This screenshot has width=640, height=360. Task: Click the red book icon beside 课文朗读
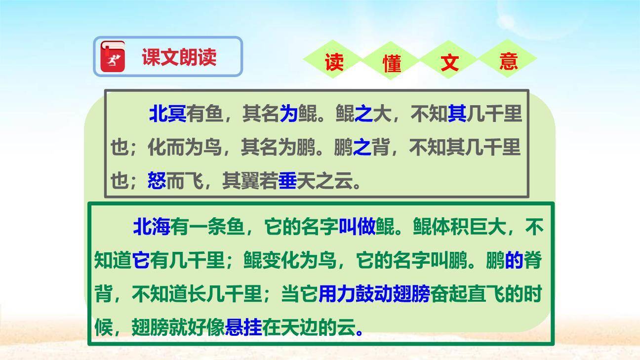[x=113, y=56]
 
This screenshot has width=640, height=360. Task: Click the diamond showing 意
[x=508, y=61]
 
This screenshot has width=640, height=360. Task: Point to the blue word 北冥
[x=167, y=114]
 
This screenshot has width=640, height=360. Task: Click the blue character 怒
[x=157, y=182]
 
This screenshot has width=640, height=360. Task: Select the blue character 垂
[x=287, y=182]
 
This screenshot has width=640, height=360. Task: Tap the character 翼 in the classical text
[x=250, y=182]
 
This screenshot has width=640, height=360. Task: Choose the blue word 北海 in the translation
[x=152, y=227]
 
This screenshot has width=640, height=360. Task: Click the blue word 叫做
[x=357, y=227]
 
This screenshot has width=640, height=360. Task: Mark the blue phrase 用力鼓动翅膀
[x=374, y=294]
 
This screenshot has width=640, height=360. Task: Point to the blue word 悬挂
[x=243, y=327]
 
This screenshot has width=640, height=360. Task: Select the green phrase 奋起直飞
[x=468, y=294]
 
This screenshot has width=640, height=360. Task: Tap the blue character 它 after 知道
[x=141, y=260]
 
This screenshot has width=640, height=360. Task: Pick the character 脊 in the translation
[x=532, y=260]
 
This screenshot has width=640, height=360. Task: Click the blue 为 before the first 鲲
[x=288, y=114]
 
